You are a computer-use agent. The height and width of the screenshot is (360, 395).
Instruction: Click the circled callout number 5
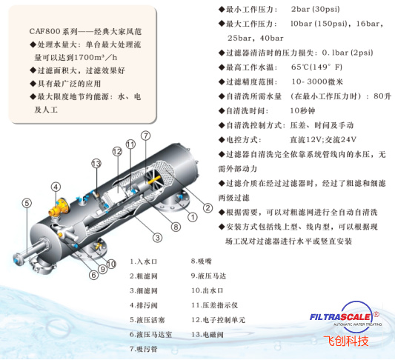point(27,203)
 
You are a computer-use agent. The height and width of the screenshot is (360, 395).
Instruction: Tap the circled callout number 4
point(56,186)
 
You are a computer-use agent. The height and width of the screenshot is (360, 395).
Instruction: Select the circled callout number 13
point(96,163)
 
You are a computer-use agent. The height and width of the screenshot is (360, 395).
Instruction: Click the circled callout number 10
point(111,263)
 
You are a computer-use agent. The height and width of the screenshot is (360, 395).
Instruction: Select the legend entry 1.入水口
point(146,261)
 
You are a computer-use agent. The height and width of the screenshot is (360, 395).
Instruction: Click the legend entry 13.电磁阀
point(210,334)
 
